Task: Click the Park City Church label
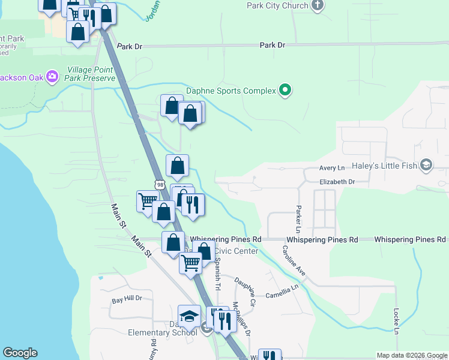[x=277, y=5]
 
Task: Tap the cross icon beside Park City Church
[x=318, y=5]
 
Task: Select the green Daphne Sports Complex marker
[x=286, y=91]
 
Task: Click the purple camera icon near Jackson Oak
[x=52, y=76]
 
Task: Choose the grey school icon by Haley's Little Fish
[x=426, y=165]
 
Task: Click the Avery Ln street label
[x=332, y=169]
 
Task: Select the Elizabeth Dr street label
[x=337, y=181]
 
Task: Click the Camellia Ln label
[x=283, y=290]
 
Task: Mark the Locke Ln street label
[x=396, y=322]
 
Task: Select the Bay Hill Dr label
[x=127, y=298]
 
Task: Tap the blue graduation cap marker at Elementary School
[x=190, y=316]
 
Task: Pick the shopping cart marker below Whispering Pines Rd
[x=191, y=262]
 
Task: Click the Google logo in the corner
[x=20, y=353]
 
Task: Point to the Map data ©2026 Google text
[x=411, y=355]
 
